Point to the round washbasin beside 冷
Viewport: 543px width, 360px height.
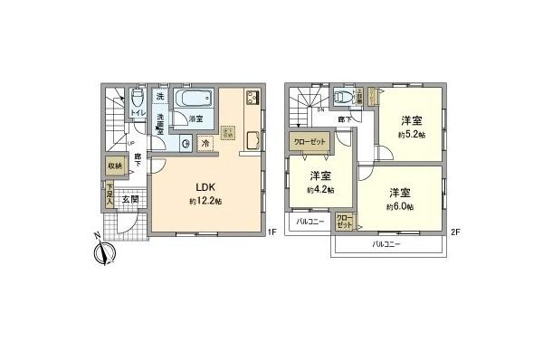pyautogui.click(x=185, y=142)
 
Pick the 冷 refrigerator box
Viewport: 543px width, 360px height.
pyautogui.click(x=205, y=142)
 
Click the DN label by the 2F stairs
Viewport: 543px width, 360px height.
pyautogui.click(x=319, y=110)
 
